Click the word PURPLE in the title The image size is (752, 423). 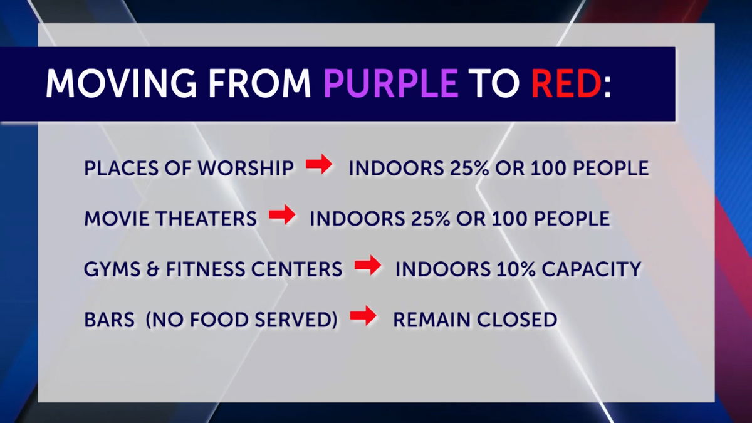(391, 83)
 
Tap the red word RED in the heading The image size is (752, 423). (566, 83)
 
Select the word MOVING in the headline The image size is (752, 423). (121, 83)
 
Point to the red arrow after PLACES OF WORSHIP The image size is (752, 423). (319, 164)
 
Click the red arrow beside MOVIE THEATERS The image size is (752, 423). (282, 214)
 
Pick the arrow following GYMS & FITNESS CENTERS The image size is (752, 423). (368, 265)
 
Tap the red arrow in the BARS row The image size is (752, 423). (363, 316)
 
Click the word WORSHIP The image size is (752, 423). (246, 168)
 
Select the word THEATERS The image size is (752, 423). (207, 219)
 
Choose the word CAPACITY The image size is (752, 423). (592, 269)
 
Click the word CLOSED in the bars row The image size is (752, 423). (518, 320)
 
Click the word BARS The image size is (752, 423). (110, 320)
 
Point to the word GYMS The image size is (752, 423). (112, 269)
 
